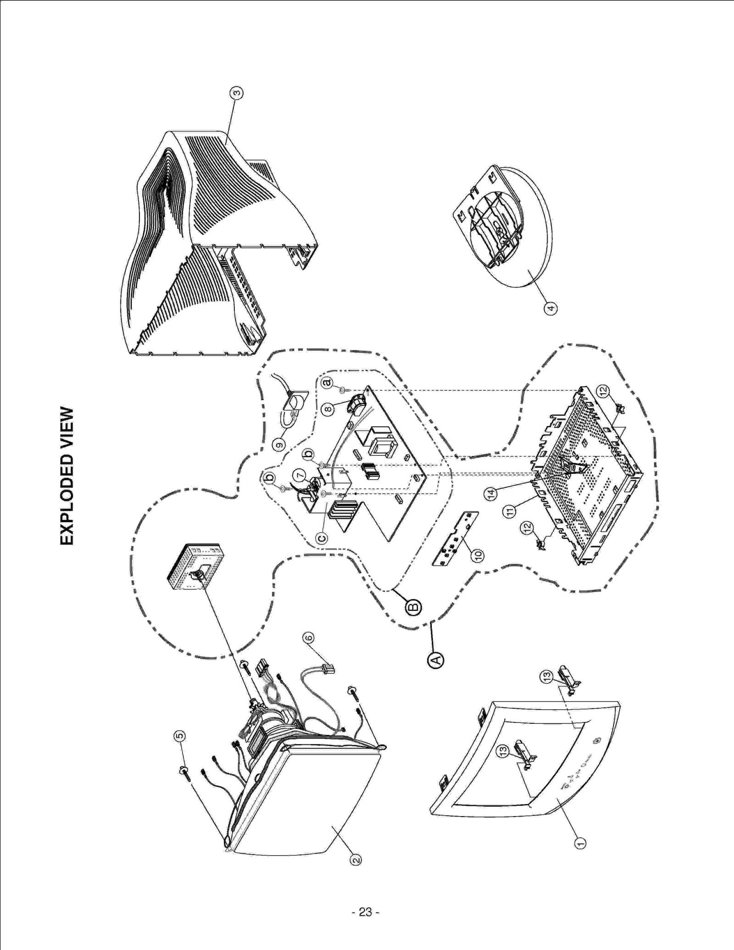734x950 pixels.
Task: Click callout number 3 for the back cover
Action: pos(236,93)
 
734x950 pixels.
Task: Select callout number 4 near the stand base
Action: pos(550,308)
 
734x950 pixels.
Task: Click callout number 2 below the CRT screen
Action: pos(356,860)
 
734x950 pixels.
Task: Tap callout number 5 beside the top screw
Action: pos(180,736)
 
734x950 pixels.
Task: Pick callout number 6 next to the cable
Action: pos(308,638)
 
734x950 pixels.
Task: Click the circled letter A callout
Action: pos(436,660)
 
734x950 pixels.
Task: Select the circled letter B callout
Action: pos(413,607)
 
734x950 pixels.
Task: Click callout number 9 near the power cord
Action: pos(278,444)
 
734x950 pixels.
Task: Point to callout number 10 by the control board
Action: pos(478,556)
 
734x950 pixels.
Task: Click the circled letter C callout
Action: pos(322,538)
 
